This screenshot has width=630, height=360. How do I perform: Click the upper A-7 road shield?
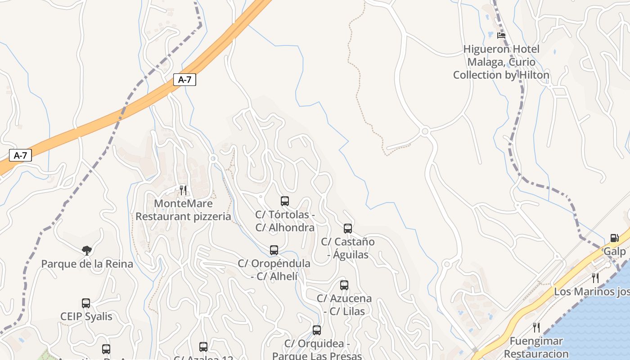184,80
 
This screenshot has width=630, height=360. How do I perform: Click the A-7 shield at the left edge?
21,156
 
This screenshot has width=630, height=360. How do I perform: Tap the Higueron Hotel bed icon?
501,35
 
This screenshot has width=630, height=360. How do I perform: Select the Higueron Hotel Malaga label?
501,62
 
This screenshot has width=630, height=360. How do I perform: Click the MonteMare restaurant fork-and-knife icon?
183,190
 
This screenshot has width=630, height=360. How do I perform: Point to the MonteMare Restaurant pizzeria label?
183,210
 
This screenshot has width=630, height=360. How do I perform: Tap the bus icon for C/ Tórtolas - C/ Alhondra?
285,201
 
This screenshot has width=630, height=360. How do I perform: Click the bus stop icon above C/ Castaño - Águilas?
348,229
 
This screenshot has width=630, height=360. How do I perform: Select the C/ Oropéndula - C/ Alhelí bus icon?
274,250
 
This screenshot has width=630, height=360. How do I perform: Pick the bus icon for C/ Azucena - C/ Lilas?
344,285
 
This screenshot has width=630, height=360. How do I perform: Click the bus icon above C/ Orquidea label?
317,330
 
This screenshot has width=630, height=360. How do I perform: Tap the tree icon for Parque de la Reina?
87,251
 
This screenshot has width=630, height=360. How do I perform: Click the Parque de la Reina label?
87,264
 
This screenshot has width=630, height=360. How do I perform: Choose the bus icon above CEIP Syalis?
86,303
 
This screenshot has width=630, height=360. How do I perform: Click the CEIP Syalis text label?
86,316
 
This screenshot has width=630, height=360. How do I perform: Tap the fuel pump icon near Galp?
614,238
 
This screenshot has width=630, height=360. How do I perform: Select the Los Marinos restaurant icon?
595,278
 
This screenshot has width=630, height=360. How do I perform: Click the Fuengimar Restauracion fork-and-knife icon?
536,328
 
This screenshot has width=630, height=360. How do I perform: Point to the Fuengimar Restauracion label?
536,347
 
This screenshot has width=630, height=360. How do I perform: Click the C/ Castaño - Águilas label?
348,248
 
